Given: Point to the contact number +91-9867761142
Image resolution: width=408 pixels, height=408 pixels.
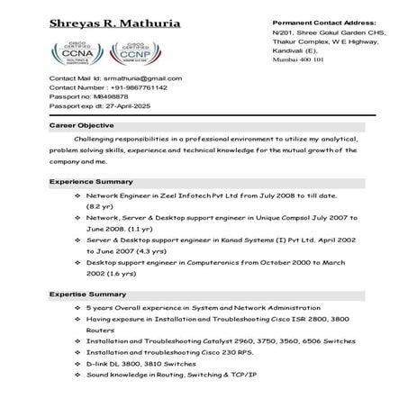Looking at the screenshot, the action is click(x=136, y=87).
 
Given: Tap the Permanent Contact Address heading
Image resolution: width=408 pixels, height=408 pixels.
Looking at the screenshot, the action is click(x=323, y=20).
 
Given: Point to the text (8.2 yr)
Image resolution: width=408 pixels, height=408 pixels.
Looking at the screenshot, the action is click(x=99, y=206).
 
